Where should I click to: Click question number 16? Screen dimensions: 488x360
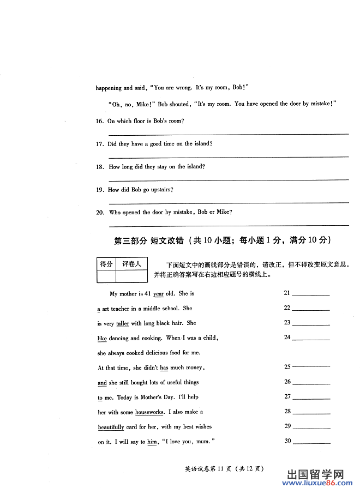click(100, 121)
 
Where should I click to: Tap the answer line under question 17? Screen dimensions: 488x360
click(229, 156)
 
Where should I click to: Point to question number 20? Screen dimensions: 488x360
click(100, 213)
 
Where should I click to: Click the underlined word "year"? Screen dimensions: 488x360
click(158, 294)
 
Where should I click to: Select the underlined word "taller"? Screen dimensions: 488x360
click(123, 323)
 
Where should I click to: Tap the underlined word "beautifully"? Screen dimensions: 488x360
click(111, 427)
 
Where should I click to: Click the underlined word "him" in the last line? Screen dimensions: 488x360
click(152, 442)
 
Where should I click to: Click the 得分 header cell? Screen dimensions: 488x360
click(106, 264)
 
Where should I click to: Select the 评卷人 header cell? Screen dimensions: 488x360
click(131, 264)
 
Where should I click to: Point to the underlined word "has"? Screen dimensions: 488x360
click(164, 367)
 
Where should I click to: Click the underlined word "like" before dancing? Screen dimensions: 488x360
click(102, 338)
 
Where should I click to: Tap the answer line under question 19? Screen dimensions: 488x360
click(229, 202)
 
